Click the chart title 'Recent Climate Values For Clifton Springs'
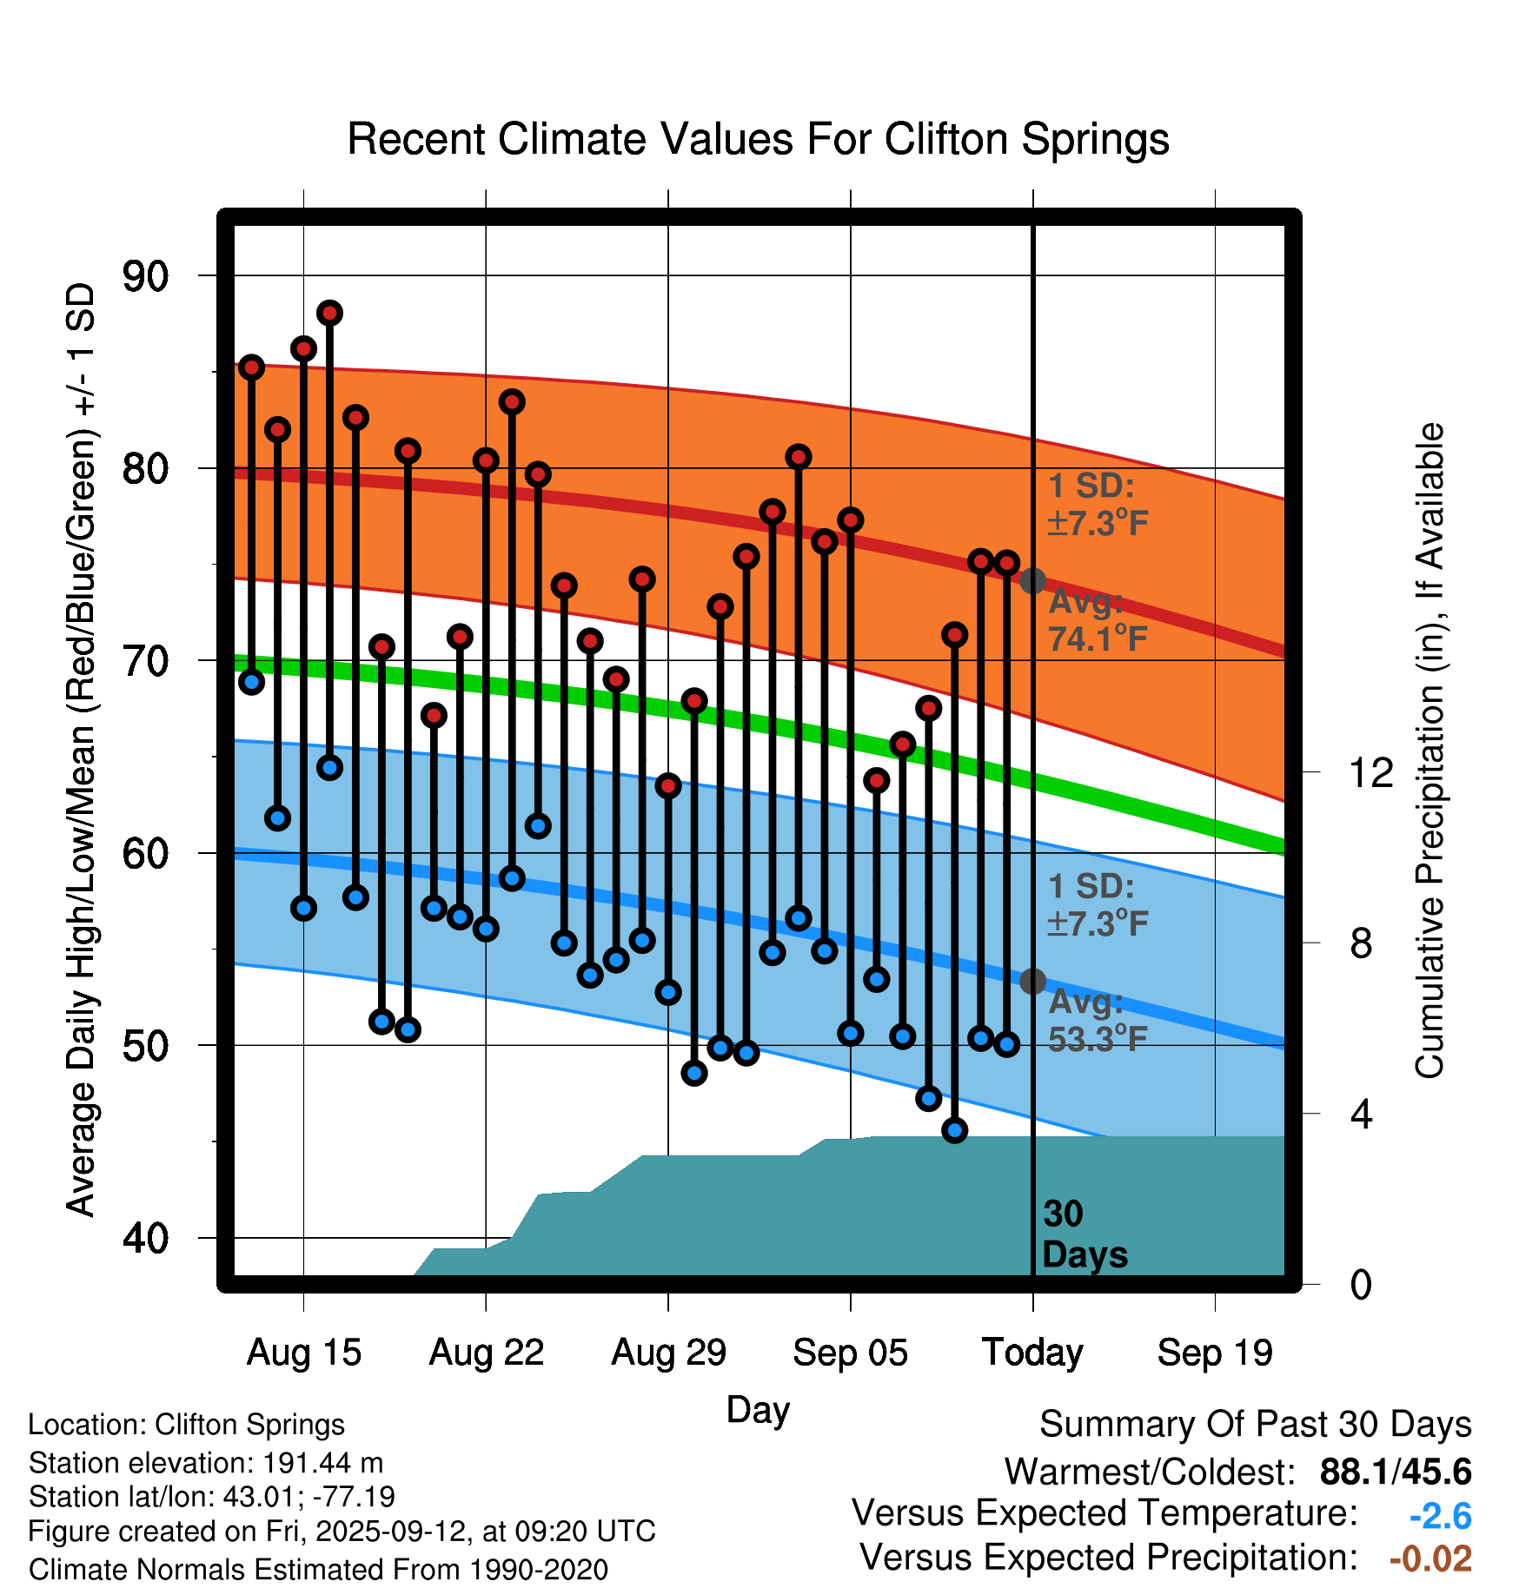[758, 139]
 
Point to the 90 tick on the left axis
[146, 276]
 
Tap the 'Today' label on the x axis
[1032, 1353]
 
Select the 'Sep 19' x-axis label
[1215, 1353]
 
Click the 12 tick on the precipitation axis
[1371, 772]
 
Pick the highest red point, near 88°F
[329, 313]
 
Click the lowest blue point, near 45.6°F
[954, 1130]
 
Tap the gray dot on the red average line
[1032, 581]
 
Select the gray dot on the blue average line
[1032, 982]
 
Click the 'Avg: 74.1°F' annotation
[1098, 620]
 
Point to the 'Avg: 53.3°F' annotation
[1098, 1021]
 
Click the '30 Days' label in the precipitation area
[1084, 1234]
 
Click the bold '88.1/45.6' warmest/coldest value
[1395, 1472]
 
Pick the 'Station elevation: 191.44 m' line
[206, 1463]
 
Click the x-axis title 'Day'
[758, 1409]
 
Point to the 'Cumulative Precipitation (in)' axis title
[1429, 751]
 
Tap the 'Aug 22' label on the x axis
[486, 1353]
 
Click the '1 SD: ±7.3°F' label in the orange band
[1098, 505]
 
